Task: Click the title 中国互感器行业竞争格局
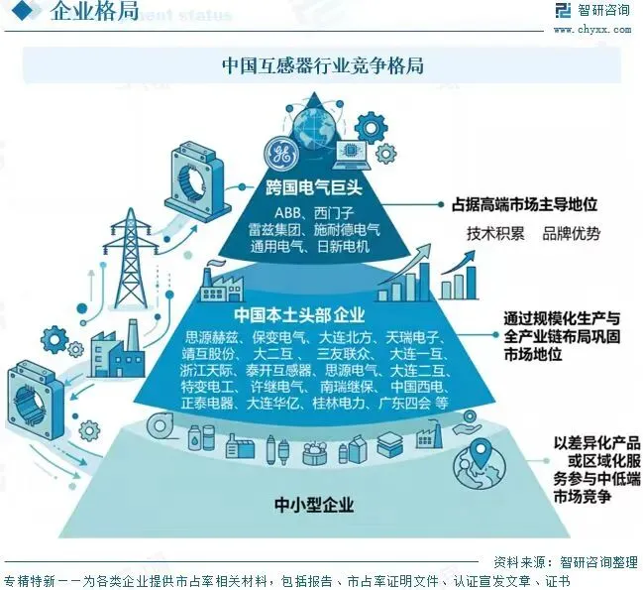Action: tap(322, 66)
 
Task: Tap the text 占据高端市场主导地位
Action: tap(524, 206)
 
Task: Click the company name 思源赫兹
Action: tap(212, 338)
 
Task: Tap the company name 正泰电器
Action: tap(208, 404)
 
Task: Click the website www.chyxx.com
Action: tap(592, 30)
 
